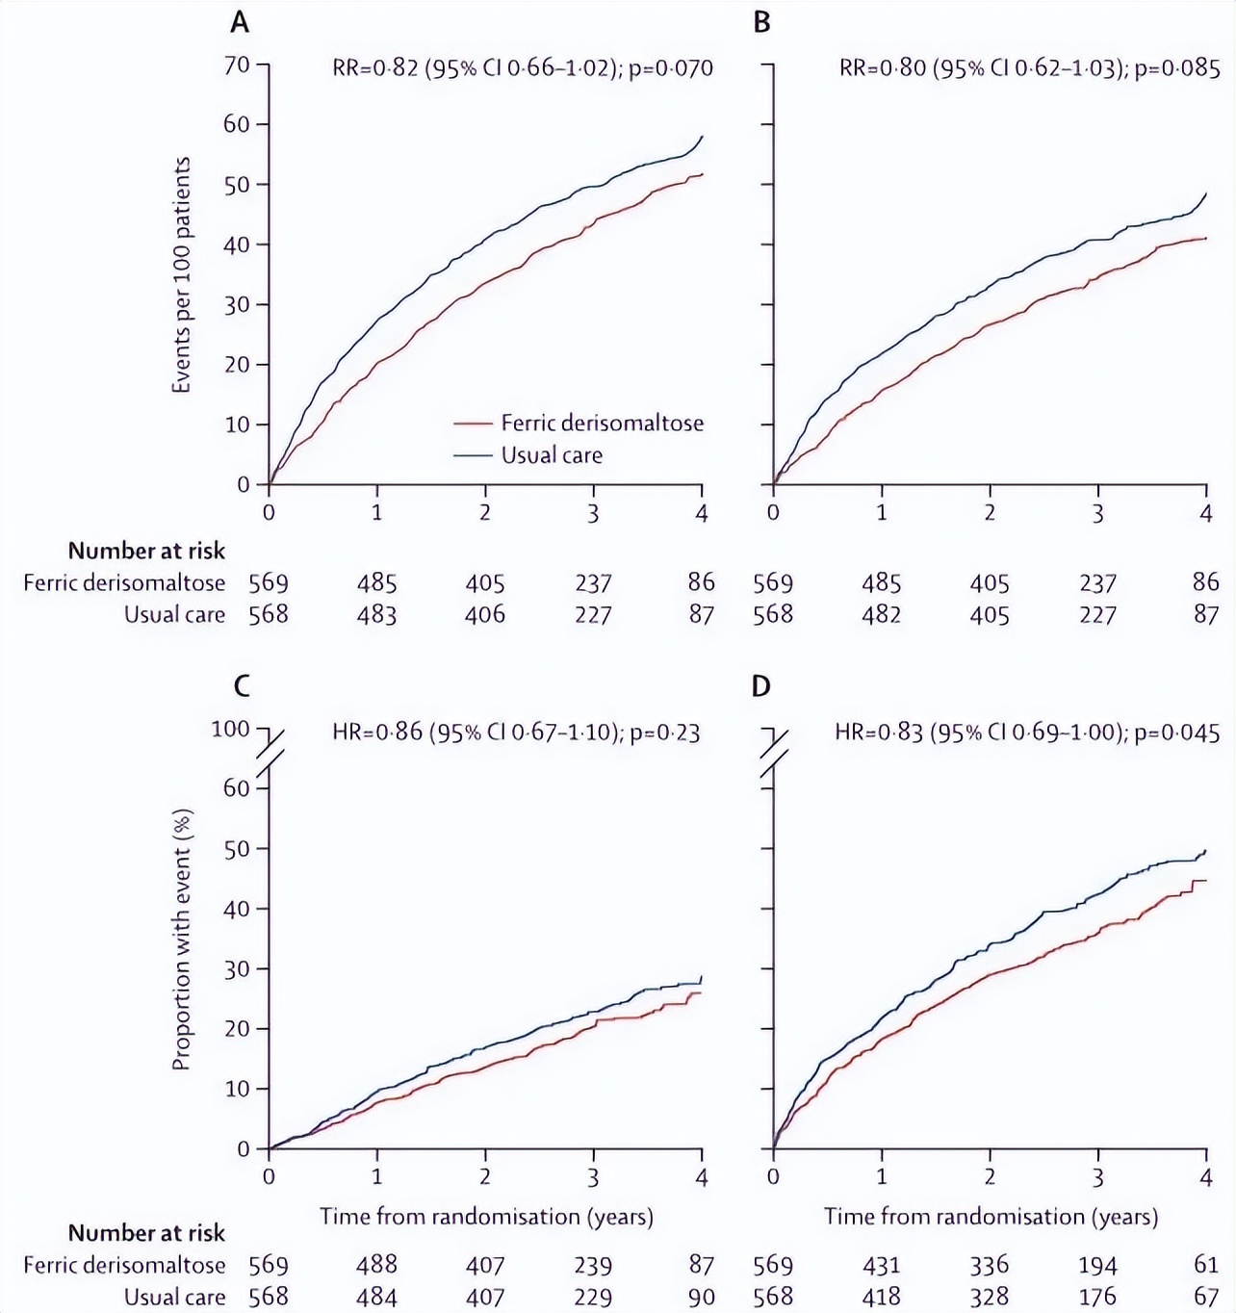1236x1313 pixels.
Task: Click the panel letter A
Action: point(240,21)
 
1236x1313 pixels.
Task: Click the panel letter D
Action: point(761,686)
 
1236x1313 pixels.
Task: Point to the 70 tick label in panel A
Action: point(237,64)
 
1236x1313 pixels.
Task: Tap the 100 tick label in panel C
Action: point(230,729)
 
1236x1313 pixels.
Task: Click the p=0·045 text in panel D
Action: point(1177,733)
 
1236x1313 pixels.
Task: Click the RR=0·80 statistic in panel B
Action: point(882,67)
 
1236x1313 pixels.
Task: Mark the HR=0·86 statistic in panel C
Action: point(376,733)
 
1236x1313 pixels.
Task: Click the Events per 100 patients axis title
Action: point(181,275)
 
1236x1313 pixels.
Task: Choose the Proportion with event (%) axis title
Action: point(181,940)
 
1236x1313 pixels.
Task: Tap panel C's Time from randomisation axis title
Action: point(486,1216)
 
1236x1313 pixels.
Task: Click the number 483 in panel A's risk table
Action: point(376,614)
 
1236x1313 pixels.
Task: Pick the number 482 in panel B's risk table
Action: point(881,614)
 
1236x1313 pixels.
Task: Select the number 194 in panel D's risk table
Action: point(1097,1265)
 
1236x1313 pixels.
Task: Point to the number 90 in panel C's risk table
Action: point(702,1297)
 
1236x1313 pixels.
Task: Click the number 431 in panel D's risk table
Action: point(881,1265)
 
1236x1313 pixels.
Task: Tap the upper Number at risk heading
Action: point(146,551)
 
